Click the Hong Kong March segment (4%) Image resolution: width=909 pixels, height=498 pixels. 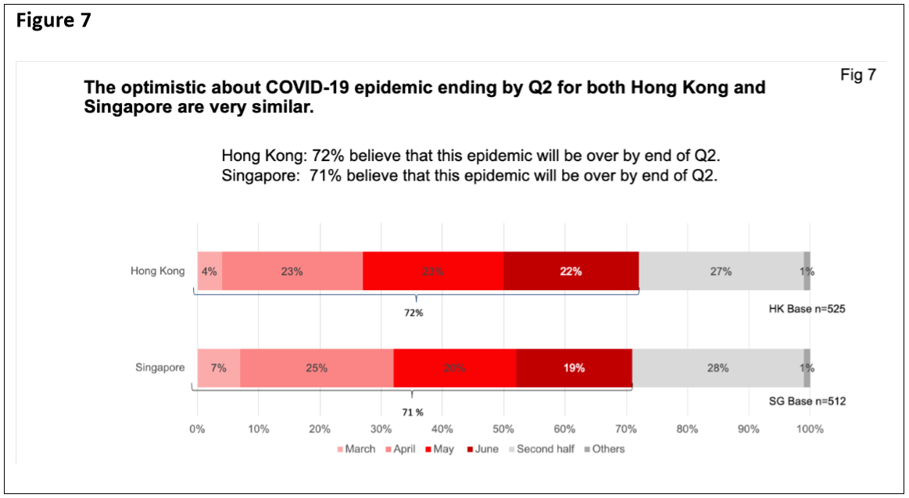[209, 271]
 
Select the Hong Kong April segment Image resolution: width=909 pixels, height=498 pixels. [292, 271]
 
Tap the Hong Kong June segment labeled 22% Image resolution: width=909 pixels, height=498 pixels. [571, 271]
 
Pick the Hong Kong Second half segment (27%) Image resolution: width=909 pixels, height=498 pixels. [721, 271]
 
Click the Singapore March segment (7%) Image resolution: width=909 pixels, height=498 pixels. [218, 367]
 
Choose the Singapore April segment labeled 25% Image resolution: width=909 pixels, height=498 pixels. [316, 367]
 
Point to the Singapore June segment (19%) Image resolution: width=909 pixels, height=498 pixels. [574, 367]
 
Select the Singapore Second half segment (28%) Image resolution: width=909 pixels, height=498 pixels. [718, 367]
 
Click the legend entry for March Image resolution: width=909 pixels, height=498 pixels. [356, 449]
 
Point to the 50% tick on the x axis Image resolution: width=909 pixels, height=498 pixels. [503, 428]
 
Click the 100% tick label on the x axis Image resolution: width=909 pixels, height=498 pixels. [810, 428]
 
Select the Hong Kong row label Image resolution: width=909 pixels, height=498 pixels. [158, 271]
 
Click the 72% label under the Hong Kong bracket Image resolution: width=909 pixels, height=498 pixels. [413, 313]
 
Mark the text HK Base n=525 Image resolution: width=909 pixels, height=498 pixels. [807, 309]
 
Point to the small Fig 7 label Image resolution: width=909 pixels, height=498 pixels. [858, 76]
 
